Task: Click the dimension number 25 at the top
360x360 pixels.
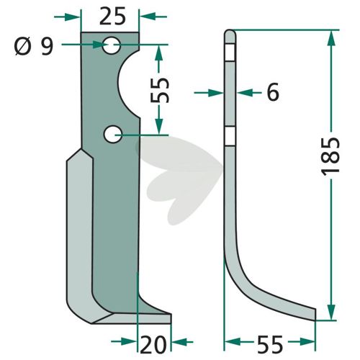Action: tap(112, 17)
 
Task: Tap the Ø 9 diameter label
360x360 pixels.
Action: tap(34, 47)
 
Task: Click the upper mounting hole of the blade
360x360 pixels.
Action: tap(111, 45)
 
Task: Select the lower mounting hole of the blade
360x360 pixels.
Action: tap(113, 135)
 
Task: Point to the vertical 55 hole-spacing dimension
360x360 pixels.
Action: tap(159, 89)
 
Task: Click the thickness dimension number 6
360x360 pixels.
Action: tap(273, 92)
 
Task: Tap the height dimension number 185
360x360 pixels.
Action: tap(330, 156)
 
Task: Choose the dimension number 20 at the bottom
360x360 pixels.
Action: tap(153, 345)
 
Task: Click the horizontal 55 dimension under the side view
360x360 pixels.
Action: tap(269, 345)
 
